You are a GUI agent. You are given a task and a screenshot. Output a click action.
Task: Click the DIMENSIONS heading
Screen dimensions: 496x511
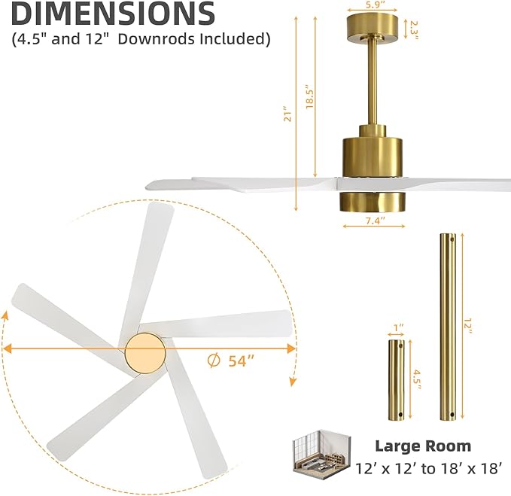pyautogui.click(x=113, y=14)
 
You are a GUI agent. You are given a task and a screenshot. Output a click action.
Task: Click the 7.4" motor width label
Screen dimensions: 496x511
pyautogui.click(x=374, y=221)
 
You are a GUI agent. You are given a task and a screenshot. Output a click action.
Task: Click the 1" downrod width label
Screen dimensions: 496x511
pyautogui.click(x=398, y=329)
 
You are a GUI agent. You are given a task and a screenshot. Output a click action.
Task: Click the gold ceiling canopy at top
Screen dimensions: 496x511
pyautogui.click(x=372, y=29)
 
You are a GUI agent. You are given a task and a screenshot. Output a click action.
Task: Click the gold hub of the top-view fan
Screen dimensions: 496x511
pyautogui.click(x=144, y=351)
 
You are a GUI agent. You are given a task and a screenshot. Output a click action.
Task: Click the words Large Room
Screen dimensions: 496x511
pyautogui.click(x=423, y=446)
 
